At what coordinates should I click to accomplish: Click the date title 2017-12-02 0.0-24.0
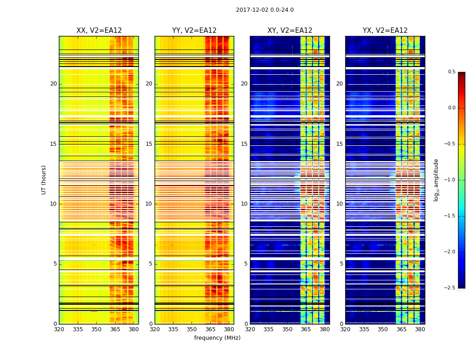[x=265, y=10]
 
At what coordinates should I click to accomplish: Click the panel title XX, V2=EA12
[x=99, y=31]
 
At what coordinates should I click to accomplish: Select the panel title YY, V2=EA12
[x=194, y=31]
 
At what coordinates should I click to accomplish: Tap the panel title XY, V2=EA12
[x=290, y=31]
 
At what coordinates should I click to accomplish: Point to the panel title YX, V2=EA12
[x=385, y=31]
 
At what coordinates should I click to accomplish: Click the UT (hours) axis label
[x=44, y=180]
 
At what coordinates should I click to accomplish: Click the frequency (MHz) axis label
[x=217, y=338]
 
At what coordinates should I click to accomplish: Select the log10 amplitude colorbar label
[x=436, y=180]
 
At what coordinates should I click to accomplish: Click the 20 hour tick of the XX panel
[x=53, y=84]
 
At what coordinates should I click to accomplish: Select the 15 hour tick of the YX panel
[x=340, y=144]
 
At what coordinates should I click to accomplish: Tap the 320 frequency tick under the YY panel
[x=155, y=329]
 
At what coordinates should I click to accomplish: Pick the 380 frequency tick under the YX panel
[x=420, y=329]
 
